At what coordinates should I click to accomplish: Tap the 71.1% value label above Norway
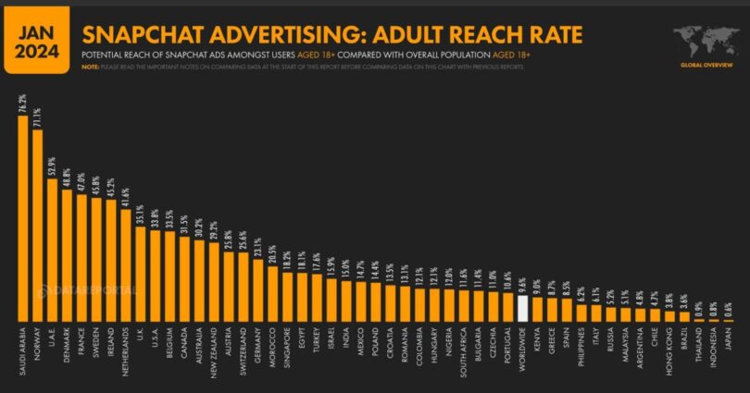pyautogui.click(x=38, y=117)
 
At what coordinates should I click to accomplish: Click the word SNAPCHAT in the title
pyautogui.click(x=140, y=35)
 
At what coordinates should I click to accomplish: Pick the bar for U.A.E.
pyautogui.click(x=52, y=250)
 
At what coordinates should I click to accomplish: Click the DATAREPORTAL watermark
pyautogui.click(x=88, y=289)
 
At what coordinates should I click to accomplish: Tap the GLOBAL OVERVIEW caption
pyautogui.click(x=706, y=66)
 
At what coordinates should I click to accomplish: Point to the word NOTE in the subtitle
pyautogui.click(x=89, y=67)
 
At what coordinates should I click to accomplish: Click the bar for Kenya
pyautogui.click(x=537, y=310)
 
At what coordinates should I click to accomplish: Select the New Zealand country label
pyautogui.click(x=214, y=350)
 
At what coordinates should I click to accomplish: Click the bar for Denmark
pyautogui.click(x=67, y=255)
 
